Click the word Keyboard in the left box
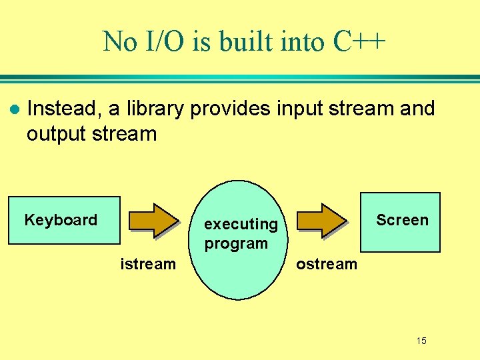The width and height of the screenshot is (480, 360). pos(61,220)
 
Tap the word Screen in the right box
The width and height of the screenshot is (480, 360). pos(402,220)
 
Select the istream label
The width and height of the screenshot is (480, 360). pos(147,264)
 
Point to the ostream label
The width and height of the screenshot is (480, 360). pos(327,264)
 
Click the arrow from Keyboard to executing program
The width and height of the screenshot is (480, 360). pos(154,221)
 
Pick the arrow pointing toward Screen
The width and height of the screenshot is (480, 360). pos(323,221)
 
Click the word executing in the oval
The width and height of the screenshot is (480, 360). pos(241,225)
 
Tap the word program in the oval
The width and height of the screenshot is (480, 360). pos(236,243)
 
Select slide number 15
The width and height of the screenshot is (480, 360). pos(421,341)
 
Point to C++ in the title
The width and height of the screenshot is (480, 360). pos(359,42)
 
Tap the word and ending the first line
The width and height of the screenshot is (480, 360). pos(417,108)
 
